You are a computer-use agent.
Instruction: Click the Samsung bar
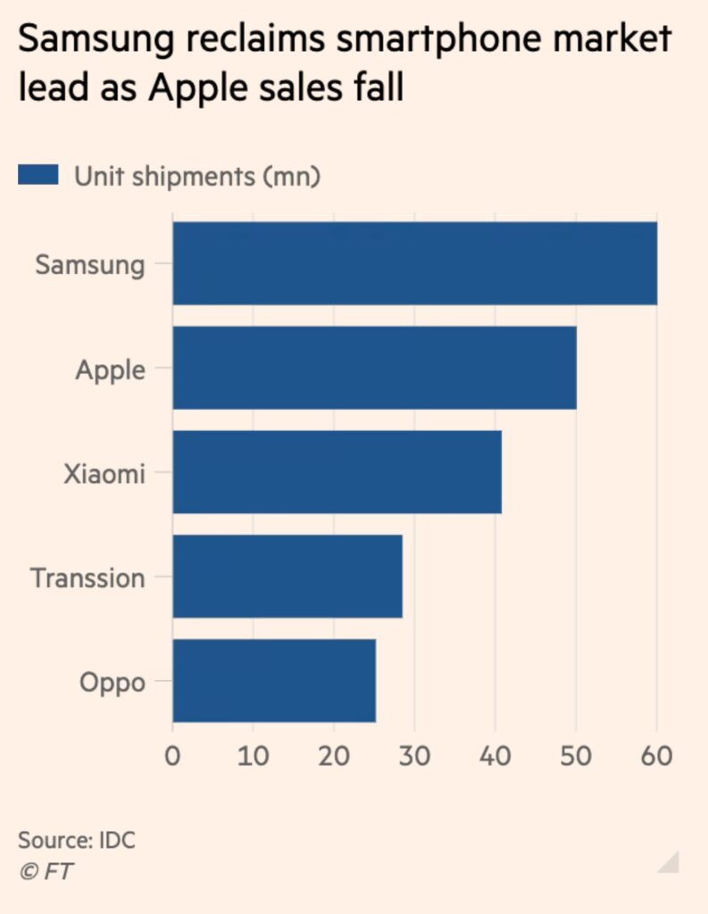414,263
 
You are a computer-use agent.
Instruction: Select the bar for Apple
374,368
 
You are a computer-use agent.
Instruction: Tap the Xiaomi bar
337,472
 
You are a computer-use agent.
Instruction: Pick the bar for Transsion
287,577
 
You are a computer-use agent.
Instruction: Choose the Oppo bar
274,681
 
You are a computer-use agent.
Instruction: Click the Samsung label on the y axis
89,265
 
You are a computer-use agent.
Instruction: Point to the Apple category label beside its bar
110,370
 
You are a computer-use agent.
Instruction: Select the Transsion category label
87,577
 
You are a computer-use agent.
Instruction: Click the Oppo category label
112,683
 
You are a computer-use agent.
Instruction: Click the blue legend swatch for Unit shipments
37,175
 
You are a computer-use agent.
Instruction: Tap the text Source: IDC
77,840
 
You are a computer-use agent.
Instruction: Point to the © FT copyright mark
46,872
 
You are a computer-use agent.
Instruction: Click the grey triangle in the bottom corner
671,863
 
